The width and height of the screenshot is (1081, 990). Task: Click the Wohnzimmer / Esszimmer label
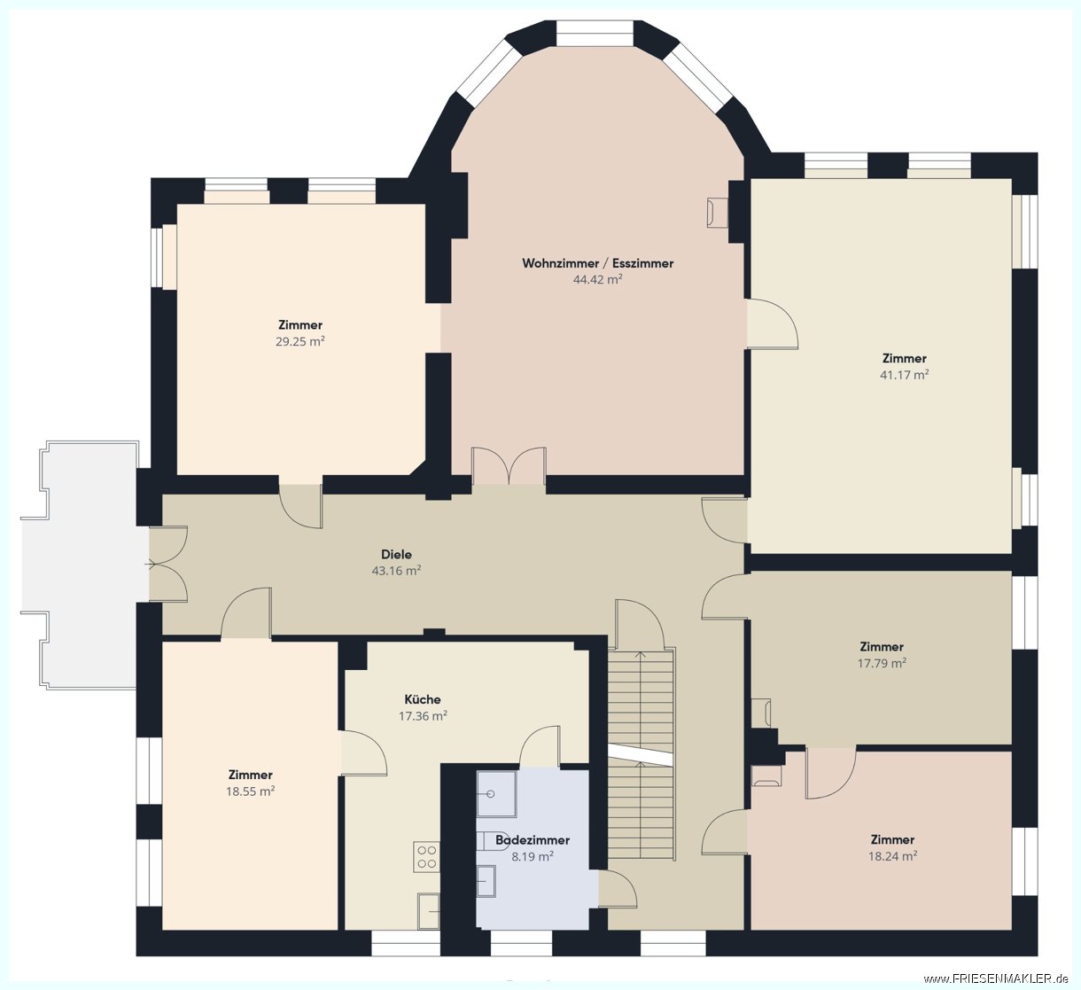[x=597, y=263]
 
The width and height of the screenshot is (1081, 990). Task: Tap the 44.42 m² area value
[x=597, y=279]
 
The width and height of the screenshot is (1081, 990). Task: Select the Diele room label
[x=396, y=554]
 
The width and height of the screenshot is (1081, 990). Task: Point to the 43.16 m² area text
[x=396, y=571]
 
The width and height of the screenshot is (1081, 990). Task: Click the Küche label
[x=423, y=699]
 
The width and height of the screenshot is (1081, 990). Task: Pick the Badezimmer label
[x=533, y=839]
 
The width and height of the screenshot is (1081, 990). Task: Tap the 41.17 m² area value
[x=905, y=374]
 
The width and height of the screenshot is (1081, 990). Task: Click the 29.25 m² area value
[x=300, y=341]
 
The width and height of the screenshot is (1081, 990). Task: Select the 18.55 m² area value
[x=250, y=791]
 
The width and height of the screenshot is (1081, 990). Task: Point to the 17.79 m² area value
[x=882, y=663]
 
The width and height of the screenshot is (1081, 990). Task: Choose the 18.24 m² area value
[x=892, y=856]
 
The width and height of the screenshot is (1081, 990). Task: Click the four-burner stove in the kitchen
[x=426, y=857]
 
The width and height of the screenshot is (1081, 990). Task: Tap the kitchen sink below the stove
[x=428, y=911]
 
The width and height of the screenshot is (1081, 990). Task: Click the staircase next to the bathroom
[x=642, y=754]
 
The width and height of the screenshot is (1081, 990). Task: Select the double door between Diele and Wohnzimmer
[x=509, y=466]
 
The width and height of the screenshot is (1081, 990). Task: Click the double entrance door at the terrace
[x=168, y=564]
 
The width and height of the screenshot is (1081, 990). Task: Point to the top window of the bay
[x=595, y=33]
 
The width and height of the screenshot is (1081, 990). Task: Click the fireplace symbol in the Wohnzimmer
[x=717, y=213]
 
